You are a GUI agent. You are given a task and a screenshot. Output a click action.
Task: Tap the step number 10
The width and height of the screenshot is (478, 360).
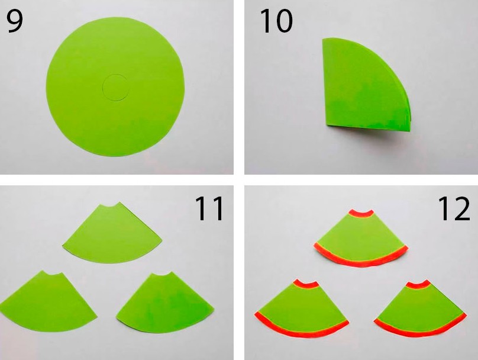pos(276,21)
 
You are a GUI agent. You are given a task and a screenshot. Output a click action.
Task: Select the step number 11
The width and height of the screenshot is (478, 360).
pos(209,208)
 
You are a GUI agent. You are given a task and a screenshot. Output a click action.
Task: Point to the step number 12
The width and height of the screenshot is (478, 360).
pos(454,208)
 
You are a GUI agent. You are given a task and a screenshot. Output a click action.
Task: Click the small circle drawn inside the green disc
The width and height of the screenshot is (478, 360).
pos(115,87)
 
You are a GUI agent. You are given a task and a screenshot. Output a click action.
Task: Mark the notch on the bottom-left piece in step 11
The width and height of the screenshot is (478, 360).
pos(52,274)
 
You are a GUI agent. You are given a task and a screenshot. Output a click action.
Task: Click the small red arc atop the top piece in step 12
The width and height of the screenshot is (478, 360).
pos(361,214)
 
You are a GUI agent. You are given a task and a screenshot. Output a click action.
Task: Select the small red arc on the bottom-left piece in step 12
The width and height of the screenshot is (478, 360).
pos(306,285)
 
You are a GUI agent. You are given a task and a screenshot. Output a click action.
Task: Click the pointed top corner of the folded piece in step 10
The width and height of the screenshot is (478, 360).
pos(323,39)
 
